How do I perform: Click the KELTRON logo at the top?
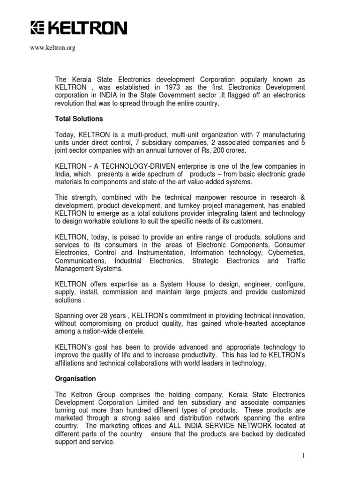pos(78,29)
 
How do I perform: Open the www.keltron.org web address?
pos(52,47)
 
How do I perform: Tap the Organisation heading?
pos(75,378)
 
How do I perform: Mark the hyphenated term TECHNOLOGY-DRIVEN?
pos(132,166)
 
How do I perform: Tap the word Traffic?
pos(294,261)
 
